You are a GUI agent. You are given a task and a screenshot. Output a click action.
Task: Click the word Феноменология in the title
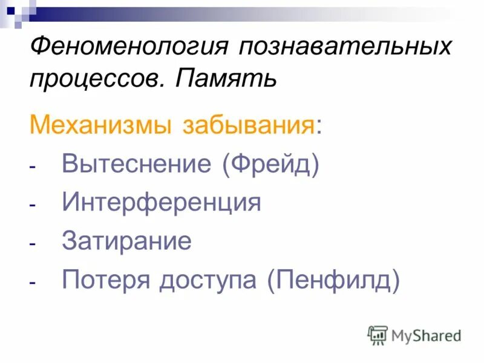click(128, 47)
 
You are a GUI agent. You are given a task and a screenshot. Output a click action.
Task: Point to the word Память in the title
click(226, 78)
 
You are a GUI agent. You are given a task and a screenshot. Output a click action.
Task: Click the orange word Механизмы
click(99, 128)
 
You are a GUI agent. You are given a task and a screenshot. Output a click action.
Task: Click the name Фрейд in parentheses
click(270, 165)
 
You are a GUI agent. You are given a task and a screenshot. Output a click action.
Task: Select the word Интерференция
click(161, 203)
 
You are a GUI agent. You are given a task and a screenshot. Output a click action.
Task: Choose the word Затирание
click(126, 241)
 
